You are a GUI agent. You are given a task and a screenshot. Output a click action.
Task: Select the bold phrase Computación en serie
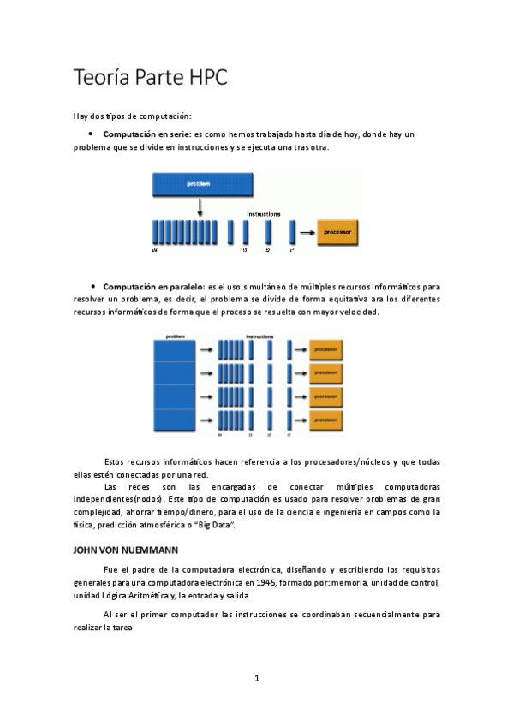tap(146, 134)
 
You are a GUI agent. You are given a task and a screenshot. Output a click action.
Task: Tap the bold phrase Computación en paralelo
tap(153, 285)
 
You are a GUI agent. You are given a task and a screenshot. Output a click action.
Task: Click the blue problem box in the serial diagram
tap(199, 184)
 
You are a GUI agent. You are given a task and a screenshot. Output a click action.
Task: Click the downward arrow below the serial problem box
tap(199, 206)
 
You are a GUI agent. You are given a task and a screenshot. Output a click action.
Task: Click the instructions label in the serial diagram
tap(264, 213)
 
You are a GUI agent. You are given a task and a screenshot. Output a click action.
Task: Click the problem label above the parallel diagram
tap(175, 336)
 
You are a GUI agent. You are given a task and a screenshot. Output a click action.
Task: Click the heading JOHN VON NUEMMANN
tap(126, 550)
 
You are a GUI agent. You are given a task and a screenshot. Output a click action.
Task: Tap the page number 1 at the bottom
tap(256, 679)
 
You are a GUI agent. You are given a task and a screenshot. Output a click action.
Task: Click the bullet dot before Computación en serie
tap(91, 134)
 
